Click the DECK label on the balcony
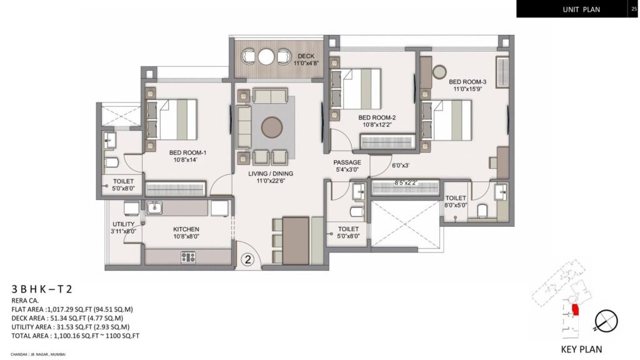[x=306, y=57]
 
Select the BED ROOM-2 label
[x=377, y=117]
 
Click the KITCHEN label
[x=186, y=229]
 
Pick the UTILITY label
[x=124, y=224]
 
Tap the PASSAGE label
[x=347, y=162]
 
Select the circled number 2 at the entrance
[x=248, y=259]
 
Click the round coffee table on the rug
[x=271, y=127]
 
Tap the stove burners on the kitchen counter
[x=187, y=256]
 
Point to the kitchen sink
[x=154, y=206]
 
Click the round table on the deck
[x=267, y=57]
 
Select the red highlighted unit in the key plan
[x=576, y=308]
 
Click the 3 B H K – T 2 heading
[x=42, y=289]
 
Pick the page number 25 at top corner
[x=634, y=7]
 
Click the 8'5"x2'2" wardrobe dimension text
[x=406, y=183]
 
